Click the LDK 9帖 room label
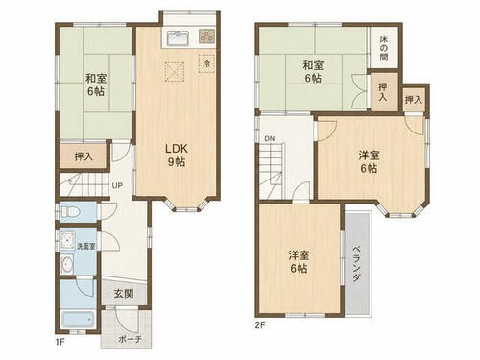point(177,156)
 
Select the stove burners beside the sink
point(206,36)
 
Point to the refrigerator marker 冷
point(206,63)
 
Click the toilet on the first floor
point(70,212)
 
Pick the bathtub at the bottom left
point(79,319)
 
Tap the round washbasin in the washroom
point(67,265)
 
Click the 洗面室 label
point(85,246)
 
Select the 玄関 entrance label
point(124,294)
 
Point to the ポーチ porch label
point(130,339)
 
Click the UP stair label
point(117,185)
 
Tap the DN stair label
point(270,139)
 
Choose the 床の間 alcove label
point(384,48)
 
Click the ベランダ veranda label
point(356,264)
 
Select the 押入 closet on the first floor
point(84,156)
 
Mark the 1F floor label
point(60,342)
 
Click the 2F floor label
point(260,325)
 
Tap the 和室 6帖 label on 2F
point(313,72)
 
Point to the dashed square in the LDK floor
point(175,72)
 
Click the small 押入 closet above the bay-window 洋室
point(414,100)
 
